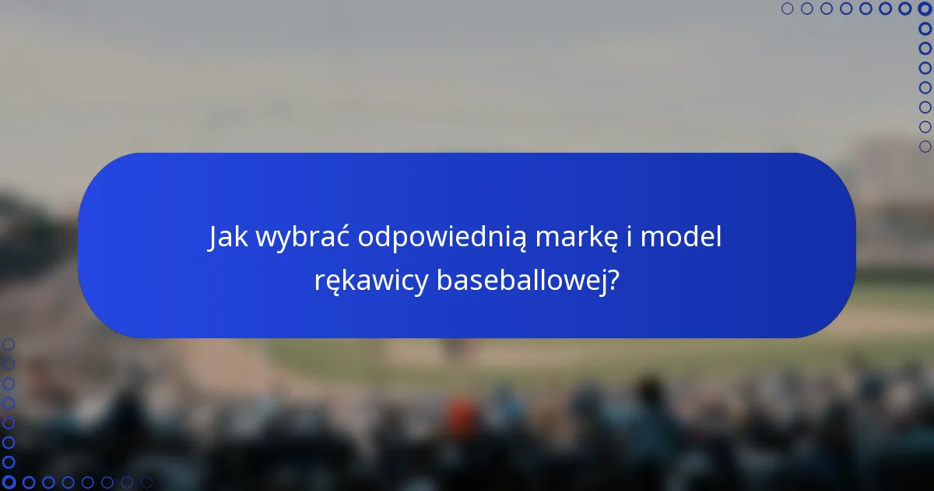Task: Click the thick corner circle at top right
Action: [x=925, y=9]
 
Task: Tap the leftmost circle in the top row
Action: [x=788, y=9]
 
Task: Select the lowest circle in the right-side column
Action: [x=925, y=147]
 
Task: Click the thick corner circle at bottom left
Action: [x=9, y=482]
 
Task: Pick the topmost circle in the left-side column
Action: [x=9, y=344]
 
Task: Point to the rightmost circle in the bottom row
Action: [x=146, y=482]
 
